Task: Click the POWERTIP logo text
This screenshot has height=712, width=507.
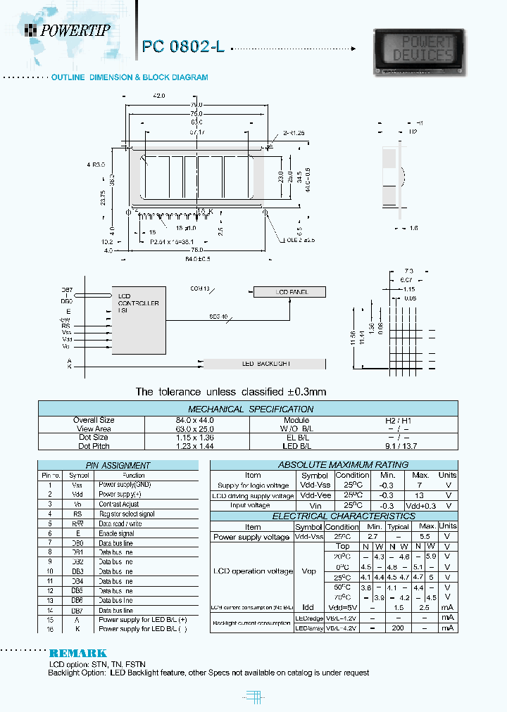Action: coord(73,30)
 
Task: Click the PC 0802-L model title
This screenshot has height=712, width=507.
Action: coord(183,47)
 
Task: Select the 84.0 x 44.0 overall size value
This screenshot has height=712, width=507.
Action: coord(194,420)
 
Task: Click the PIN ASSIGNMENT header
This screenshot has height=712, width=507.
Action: coord(118,465)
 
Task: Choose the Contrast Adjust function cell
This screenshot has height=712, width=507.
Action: coord(119,504)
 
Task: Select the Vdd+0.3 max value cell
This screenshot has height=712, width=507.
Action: coord(420,505)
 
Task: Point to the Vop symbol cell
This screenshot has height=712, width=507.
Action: coord(308,572)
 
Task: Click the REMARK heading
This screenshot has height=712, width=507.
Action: coord(78,653)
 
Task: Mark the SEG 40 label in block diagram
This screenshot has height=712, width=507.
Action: coord(219,317)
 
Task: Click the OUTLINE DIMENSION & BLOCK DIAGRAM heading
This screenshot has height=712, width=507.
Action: coord(130,77)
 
